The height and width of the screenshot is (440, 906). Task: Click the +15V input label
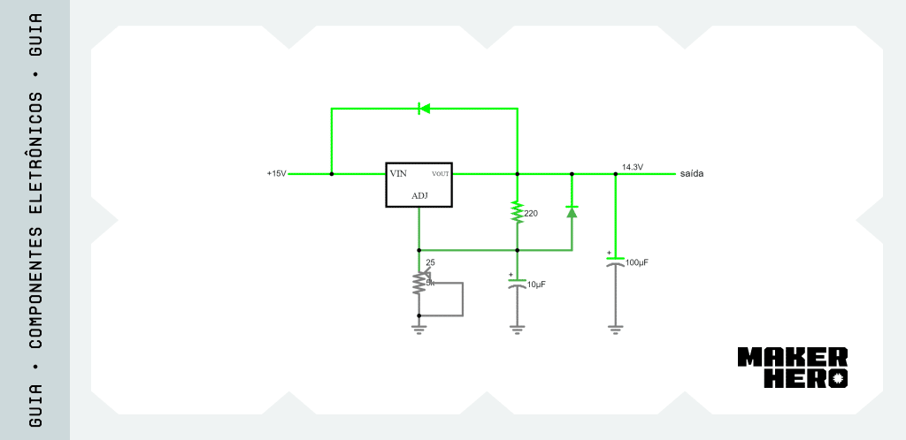(276, 173)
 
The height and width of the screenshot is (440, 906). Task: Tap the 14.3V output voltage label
(633, 167)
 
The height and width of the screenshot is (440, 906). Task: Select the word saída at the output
(692, 173)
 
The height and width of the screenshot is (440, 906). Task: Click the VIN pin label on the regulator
(398, 173)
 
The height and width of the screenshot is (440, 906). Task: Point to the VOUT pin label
(441, 174)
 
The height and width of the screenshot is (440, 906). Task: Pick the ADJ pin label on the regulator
(419, 196)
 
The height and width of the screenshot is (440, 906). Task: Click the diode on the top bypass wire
(424, 109)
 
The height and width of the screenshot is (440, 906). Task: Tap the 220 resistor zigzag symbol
(517, 212)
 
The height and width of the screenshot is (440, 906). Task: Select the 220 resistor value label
(531, 213)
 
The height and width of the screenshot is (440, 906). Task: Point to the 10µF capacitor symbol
(517, 283)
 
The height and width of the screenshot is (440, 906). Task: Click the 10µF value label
(537, 284)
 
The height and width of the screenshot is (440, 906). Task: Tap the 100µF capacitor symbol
(616, 262)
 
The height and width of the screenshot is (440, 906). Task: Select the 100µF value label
(637, 262)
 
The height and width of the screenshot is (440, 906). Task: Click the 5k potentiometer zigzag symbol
(418, 283)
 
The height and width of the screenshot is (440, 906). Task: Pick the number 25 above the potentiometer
(431, 262)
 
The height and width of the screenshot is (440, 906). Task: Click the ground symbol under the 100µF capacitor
(616, 330)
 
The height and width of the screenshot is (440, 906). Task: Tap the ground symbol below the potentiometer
(418, 330)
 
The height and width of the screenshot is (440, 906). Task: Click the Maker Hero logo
(793, 368)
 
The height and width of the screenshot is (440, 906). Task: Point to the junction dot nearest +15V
(332, 173)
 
